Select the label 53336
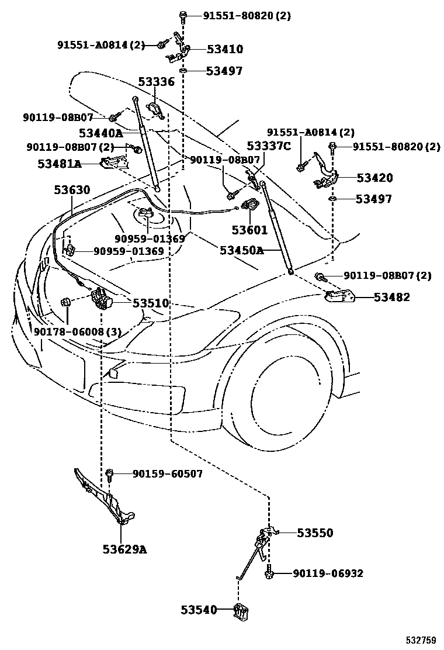[x=156, y=82]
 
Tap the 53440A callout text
[x=100, y=133]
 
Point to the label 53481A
[x=60, y=164]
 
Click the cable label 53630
[x=72, y=190]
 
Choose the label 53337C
[x=269, y=146]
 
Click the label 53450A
[x=242, y=250]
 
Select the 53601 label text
[x=249, y=230]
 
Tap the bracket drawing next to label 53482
[x=340, y=297]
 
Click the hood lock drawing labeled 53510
[x=102, y=299]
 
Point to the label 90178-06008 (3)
[x=77, y=332]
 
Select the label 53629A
[x=124, y=549]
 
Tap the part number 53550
[x=314, y=533]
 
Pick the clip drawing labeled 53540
[x=241, y=611]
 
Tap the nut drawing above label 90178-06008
[x=65, y=302]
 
